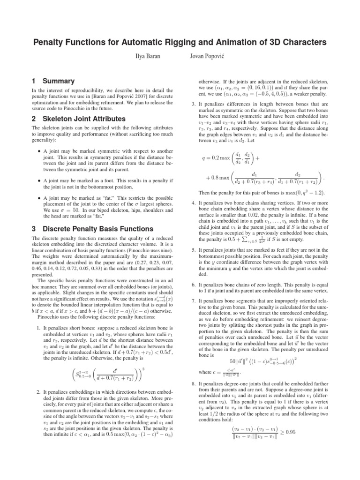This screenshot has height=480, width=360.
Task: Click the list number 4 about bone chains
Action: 194,203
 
